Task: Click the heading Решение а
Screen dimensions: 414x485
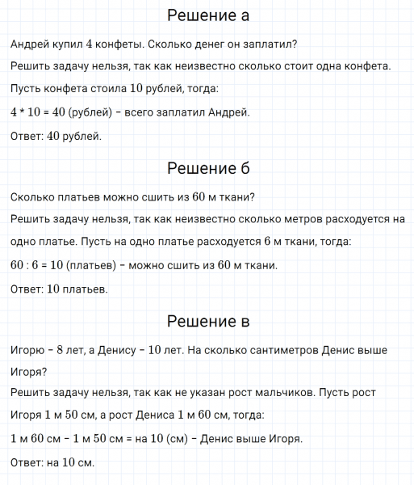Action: point(207,16)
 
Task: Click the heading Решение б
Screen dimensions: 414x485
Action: point(207,168)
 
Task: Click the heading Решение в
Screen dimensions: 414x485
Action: point(207,322)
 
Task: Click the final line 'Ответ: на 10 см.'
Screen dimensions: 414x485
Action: point(52,463)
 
